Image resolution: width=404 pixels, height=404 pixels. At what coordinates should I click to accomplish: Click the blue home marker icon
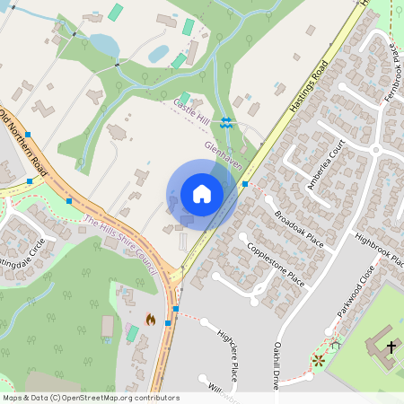[x=202, y=194]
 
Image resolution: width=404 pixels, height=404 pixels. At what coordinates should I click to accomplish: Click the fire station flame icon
[x=150, y=320]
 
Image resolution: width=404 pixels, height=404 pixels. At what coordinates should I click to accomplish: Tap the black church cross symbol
[x=391, y=346]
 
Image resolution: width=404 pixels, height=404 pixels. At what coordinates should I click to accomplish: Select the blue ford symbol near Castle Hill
[x=228, y=123]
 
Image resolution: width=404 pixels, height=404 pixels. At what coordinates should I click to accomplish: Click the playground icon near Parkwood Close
[x=319, y=360]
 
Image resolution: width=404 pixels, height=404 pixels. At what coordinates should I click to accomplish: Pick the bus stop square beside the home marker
[x=245, y=184]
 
